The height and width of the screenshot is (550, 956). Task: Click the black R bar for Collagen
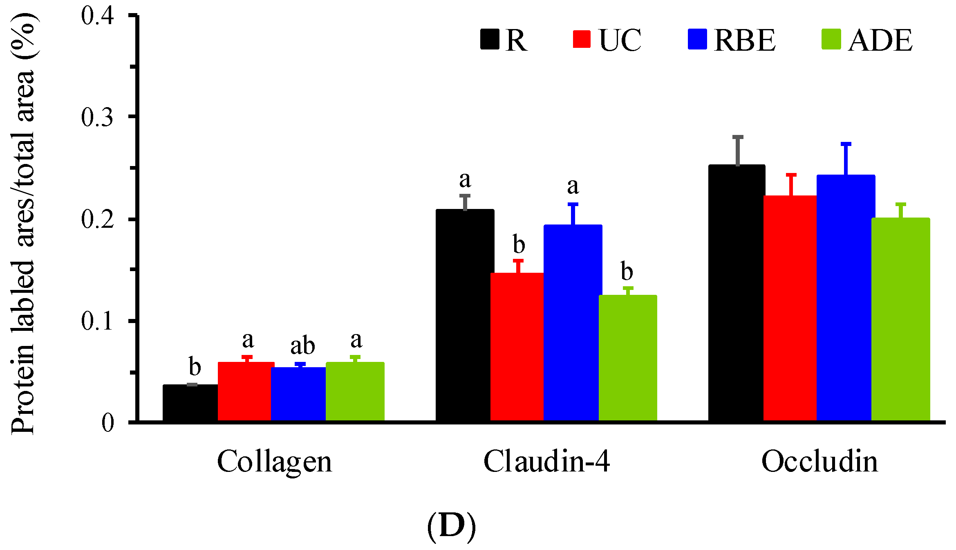[x=190, y=402]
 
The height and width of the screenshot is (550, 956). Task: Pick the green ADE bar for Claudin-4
[x=628, y=357]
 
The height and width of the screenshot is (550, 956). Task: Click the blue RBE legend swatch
[x=697, y=39]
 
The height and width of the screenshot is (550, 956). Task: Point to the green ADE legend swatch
[x=831, y=39]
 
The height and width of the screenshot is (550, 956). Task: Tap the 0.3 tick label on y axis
[x=97, y=117]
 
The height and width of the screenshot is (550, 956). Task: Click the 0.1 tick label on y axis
[x=97, y=321]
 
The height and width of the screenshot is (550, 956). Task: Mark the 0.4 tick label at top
[x=97, y=16]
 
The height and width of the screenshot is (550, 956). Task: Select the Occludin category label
[x=819, y=461]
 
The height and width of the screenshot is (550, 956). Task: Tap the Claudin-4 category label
[x=546, y=461]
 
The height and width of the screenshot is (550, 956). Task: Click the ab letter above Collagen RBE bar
[x=302, y=346]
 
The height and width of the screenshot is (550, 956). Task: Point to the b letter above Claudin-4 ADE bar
[x=627, y=271]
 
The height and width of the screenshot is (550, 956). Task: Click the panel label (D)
[x=451, y=527]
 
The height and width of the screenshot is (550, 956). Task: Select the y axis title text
[x=24, y=223]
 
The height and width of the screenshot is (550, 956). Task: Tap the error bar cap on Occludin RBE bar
[x=846, y=144]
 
